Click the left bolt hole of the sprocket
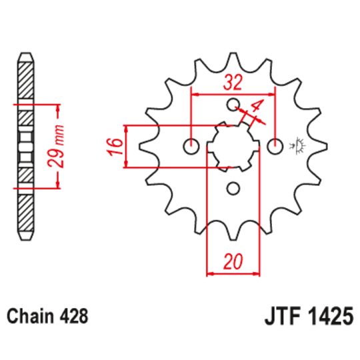tap(192, 145)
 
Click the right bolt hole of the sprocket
tap(273, 145)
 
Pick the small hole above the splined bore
tap(232, 105)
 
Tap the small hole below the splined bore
tap(232, 187)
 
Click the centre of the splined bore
tap(232, 145)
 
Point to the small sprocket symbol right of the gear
tap(297, 145)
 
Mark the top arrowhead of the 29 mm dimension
tap(59, 107)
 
